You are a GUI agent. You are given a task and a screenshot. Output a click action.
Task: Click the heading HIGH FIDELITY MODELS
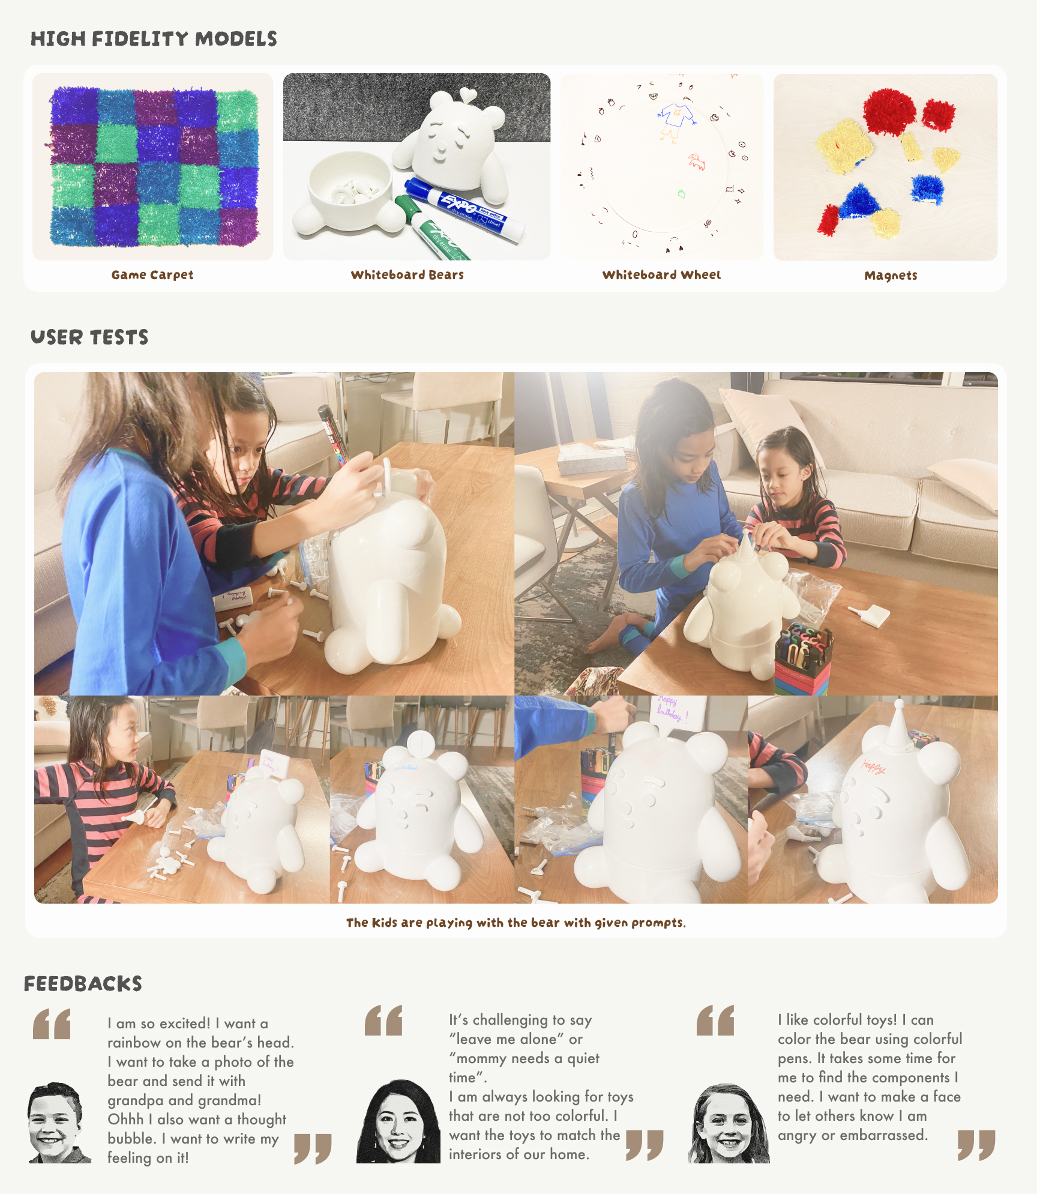click(154, 39)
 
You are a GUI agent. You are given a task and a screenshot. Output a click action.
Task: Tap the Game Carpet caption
click(152, 275)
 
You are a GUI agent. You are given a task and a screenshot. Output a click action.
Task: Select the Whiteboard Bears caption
click(407, 275)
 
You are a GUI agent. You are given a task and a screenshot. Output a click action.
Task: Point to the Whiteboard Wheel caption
click(661, 275)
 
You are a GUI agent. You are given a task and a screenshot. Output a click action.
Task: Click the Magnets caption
click(891, 276)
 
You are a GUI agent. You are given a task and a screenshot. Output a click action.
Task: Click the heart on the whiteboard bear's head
click(467, 94)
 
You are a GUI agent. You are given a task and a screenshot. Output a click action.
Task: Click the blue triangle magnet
click(859, 202)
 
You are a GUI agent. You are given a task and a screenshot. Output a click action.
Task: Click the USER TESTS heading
click(89, 337)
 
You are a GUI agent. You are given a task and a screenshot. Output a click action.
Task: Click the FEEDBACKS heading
click(83, 984)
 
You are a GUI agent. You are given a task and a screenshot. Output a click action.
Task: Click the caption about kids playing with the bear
click(516, 923)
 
